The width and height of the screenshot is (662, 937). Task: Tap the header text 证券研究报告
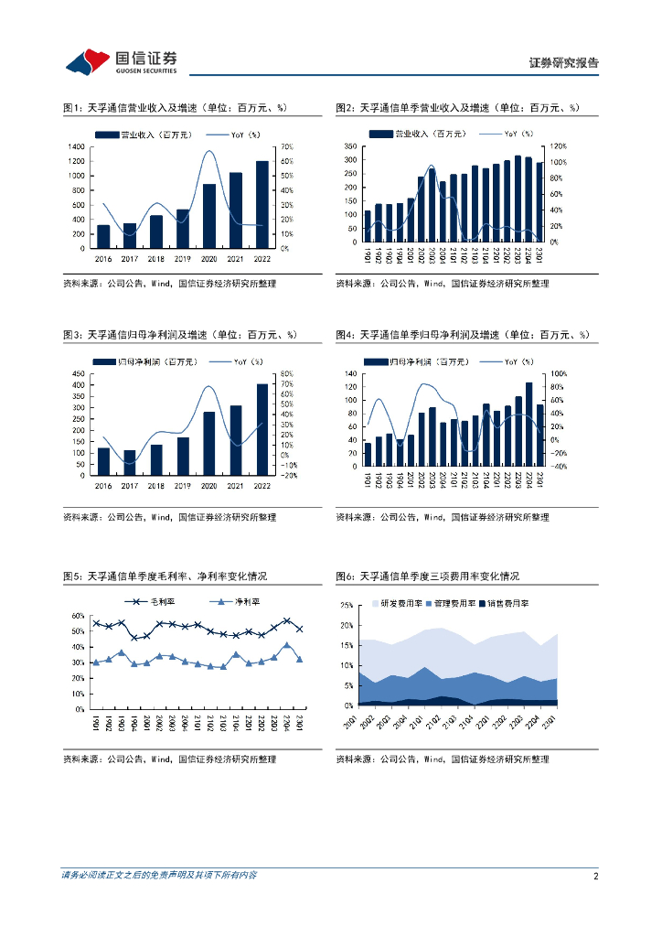pyautogui.click(x=564, y=63)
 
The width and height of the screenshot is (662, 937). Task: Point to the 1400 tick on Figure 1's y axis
pyautogui.click(x=77, y=146)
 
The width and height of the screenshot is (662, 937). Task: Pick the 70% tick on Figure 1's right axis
pyautogui.click(x=286, y=146)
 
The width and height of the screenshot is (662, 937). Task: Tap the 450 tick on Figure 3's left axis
pyautogui.click(x=80, y=373)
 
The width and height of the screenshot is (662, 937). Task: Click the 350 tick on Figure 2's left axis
pyautogui.click(x=350, y=146)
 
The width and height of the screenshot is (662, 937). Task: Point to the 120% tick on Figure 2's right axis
pyautogui.click(x=559, y=146)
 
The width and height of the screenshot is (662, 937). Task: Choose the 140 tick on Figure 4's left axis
pyautogui.click(x=350, y=374)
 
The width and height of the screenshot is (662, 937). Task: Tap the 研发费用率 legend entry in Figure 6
pyautogui.click(x=401, y=604)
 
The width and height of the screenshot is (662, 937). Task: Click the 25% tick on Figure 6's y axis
pyautogui.click(x=346, y=606)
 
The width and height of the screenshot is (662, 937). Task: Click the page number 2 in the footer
pyautogui.click(x=595, y=876)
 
